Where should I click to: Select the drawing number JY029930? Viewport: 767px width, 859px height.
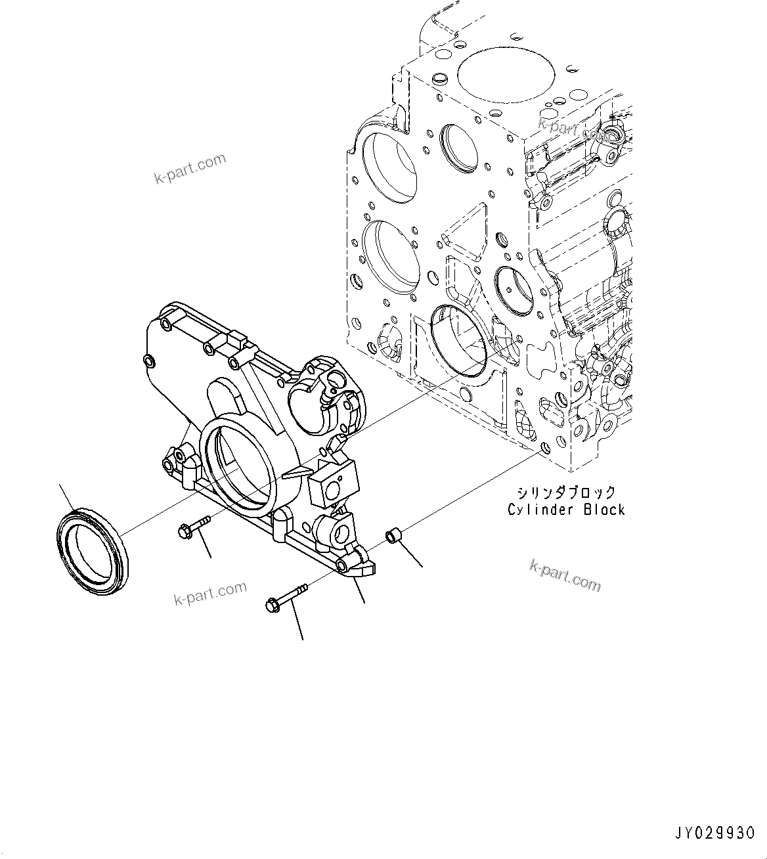[714, 833]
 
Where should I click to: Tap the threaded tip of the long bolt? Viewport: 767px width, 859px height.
[302, 586]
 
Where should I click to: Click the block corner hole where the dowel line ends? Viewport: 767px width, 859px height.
[543, 448]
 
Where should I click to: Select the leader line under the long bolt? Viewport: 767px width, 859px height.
[296, 624]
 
